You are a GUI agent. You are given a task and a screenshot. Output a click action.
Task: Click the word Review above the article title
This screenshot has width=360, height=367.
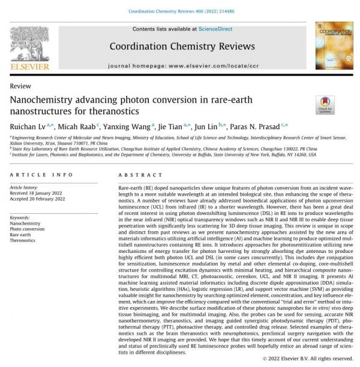(21, 86)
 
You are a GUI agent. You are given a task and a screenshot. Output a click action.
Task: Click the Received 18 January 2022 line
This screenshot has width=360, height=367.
(37, 193)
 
